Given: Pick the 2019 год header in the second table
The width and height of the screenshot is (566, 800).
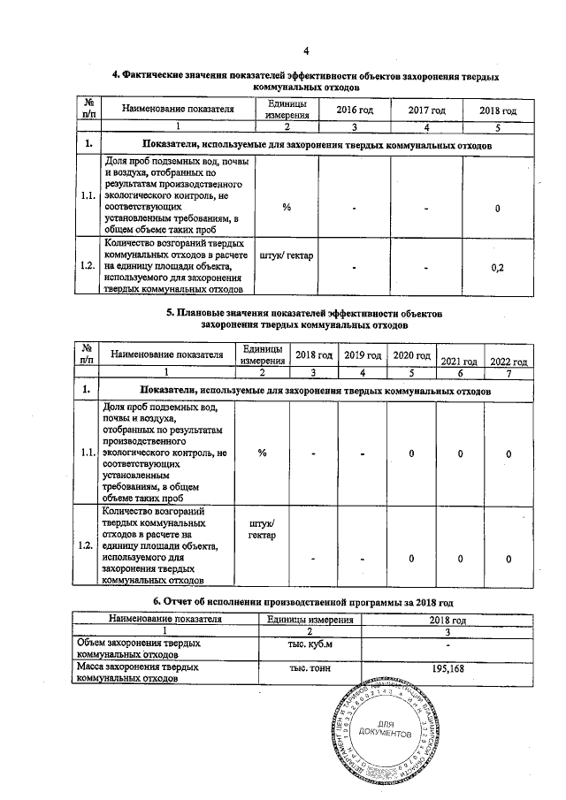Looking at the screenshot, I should pos(363,354).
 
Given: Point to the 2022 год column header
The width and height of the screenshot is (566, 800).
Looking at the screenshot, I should pos(509,362).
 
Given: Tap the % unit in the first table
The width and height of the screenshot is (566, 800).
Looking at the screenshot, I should pos(287,208).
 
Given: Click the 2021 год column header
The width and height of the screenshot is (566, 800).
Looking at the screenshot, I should pos(459,362).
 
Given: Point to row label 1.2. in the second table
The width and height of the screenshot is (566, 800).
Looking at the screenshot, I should pos(87,545).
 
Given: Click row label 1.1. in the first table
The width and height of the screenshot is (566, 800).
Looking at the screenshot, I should pos(87,196).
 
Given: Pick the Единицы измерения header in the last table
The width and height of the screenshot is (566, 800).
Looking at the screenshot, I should pos(303,619).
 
